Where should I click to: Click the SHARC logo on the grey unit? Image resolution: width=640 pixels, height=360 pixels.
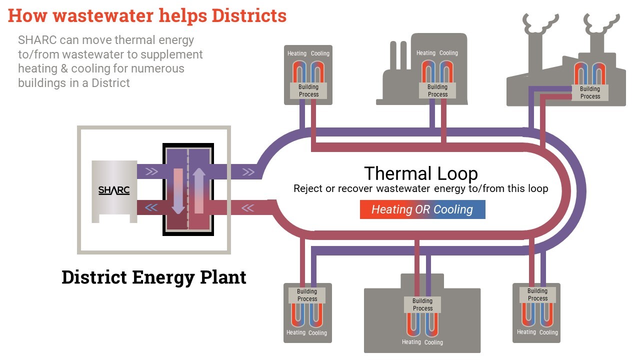(x=114, y=190)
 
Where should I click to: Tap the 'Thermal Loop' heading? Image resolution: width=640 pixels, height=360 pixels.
(x=421, y=173)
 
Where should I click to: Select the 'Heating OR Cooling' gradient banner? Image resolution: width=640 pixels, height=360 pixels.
(x=422, y=209)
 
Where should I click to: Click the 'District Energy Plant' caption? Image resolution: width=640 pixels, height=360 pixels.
(x=154, y=277)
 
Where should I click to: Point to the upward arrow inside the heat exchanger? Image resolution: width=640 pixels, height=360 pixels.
(x=199, y=190)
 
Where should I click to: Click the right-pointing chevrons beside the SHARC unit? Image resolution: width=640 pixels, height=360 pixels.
(x=151, y=172)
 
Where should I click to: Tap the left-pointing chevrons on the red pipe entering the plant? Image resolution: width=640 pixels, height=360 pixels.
(x=248, y=207)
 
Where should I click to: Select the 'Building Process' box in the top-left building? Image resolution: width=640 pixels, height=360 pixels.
(x=308, y=90)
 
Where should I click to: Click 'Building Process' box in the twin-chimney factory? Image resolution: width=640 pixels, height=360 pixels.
(x=437, y=90)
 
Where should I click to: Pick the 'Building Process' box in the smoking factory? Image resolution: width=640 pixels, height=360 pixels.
(x=590, y=92)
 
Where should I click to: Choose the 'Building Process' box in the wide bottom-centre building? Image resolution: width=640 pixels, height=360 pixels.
(x=422, y=304)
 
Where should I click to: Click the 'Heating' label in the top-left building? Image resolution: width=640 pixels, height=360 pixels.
(x=297, y=53)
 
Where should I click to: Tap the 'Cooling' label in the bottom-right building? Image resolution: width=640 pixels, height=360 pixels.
(x=548, y=332)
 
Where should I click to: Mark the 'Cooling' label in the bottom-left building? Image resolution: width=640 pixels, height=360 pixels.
(x=317, y=333)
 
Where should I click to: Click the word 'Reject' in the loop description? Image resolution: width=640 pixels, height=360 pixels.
(x=308, y=188)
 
